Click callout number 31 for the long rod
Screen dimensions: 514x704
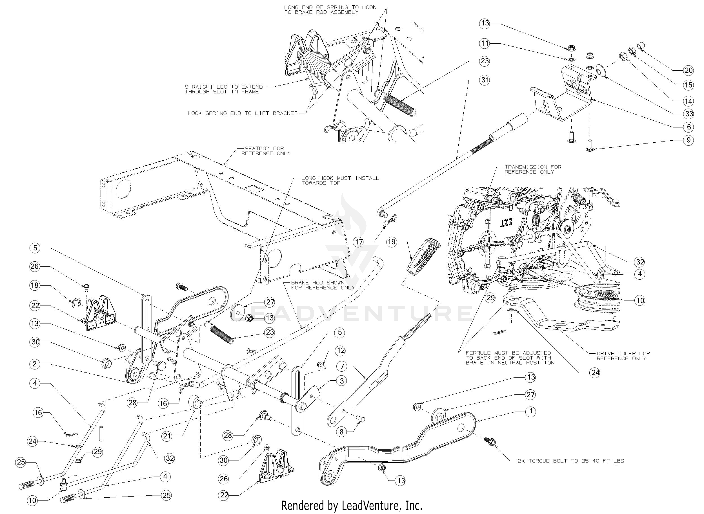(485, 80)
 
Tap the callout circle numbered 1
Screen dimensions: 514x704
(530, 411)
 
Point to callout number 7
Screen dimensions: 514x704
(342, 366)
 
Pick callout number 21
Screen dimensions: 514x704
(167, 436)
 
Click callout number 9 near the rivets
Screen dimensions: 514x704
(689, 140)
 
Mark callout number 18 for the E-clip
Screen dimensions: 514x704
(35, 285)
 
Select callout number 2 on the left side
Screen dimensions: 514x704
(35, 364)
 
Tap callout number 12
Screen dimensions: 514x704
(341, 351)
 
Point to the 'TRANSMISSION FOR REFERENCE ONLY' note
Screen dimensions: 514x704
(533, 170)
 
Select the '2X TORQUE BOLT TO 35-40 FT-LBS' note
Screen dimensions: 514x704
(571, 461)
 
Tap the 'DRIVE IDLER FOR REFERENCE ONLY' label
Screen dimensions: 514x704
(623, 356)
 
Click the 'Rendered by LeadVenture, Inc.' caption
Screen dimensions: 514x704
(352, 506)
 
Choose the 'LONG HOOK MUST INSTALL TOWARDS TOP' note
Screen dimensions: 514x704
(340, 180)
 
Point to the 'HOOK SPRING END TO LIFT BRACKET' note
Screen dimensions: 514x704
(242, 113)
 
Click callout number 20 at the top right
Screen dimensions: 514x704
(689, 71)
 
